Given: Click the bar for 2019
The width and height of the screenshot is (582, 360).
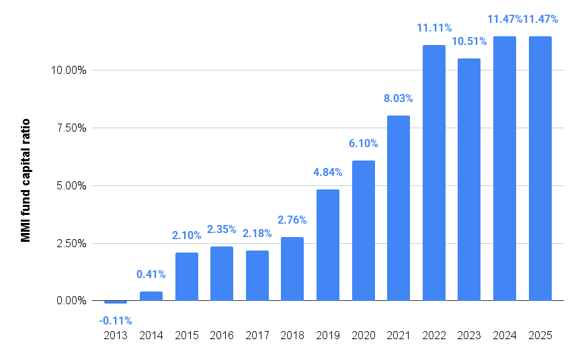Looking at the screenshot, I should pyautogui.click(x=327, y=245).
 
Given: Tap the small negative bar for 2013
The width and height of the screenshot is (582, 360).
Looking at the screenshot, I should pyautogui.click(x=116, y=302).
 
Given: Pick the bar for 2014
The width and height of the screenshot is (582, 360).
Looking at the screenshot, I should pyautogui.click(x=151, y=296).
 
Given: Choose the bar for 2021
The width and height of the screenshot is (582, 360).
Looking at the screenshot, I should pyautogui.click(x=399, y=208).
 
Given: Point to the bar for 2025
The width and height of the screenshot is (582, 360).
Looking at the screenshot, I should pyautogui.click(x=540, y=169).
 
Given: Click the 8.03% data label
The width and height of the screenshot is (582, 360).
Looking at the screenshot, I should pyautogui.click(x=399, y=98).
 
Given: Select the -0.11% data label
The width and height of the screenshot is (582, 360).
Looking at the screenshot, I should pyautogui.click(x=116, y=320).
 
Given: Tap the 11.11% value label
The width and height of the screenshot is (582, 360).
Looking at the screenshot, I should pyautogui.click(x=434, y=28).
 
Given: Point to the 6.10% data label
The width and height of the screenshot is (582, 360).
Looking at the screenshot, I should pyautogui.click(x=363, y=143).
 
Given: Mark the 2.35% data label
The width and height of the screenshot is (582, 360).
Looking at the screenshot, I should pyautogui.click(x=222, y=229).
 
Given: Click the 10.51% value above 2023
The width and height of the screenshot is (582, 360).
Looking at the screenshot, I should pyautogui.click(x=469, y=42).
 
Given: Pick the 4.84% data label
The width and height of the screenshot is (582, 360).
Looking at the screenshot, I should pyautogui.click(x=328, y=172).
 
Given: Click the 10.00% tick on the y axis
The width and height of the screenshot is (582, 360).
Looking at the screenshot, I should pyautogui.click(x=69, y=70).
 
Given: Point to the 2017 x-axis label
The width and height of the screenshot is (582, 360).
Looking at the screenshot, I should pyautogui.click(x=257, y=336).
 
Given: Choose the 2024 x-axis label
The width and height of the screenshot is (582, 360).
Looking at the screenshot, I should pyautogui.click(x=505, y=336).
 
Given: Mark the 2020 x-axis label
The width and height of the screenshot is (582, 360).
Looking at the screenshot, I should pyautogui.click(x=364, y=336).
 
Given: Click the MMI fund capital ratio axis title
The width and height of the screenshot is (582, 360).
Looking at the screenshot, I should pyautogui.click(x=26, y=180).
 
